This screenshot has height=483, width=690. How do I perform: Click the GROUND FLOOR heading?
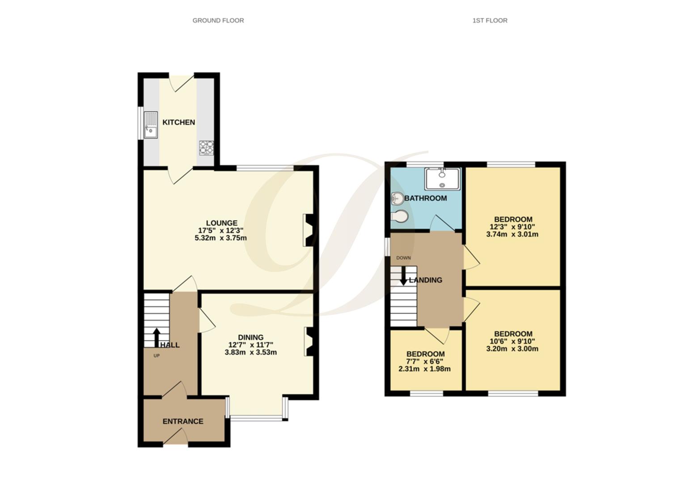tap(218, 20)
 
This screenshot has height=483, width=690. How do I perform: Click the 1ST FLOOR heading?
tap(490, 20)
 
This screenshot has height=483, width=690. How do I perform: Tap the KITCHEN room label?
tap(178, 122)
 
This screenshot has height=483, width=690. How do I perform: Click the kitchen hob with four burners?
tap(206, 147)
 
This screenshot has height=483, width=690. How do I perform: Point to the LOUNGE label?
tap(221, 223)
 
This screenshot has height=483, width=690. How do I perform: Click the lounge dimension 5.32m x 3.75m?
tap(220, 238)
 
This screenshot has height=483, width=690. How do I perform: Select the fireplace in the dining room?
tap(309, 342)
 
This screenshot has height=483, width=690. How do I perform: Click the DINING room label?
tap(250, 337)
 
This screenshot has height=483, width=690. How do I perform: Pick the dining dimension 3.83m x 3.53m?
tap(250, 352)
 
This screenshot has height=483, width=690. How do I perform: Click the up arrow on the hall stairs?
tap(157, 338)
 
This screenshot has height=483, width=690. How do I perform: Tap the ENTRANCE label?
tap(182, 421)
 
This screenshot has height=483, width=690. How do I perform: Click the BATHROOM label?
tap(425, 198)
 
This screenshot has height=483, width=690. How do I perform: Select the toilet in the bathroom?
tap(399, 216)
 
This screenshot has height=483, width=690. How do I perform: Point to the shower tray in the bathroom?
tap(442, 179)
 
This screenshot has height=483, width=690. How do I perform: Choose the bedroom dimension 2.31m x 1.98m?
tap(424, 369)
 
